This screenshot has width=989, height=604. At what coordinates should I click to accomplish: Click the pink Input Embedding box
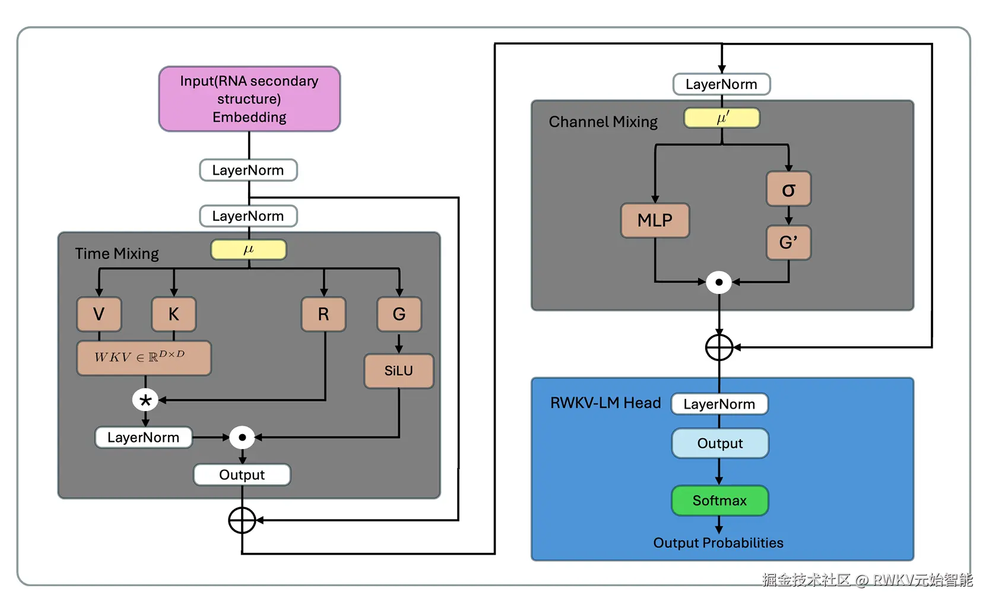[249, 99]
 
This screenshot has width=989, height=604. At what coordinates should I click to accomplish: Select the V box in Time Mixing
[99, 314]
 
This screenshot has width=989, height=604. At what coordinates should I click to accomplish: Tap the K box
[173, 314]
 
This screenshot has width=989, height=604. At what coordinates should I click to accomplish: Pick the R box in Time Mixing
[324, 314]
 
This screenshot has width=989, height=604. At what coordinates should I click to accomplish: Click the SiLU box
[398, 371]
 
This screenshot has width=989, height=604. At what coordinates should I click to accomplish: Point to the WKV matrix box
[144, 358]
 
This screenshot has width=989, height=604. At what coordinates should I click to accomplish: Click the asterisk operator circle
[145, 400]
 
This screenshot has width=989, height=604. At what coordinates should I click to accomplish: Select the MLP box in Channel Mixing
[655, 220]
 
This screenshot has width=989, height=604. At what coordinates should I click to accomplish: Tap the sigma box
[788, 189]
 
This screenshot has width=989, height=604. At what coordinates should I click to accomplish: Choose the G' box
[788, 242]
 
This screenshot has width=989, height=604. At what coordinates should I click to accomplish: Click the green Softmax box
[719, 501]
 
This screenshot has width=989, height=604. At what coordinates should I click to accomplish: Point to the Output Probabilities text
[718, 543]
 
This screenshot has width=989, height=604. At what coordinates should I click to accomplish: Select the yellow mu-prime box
[722, 118]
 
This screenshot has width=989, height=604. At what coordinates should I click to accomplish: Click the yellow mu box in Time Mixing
[249, 249]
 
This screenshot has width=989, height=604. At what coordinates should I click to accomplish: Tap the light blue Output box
[720, 444]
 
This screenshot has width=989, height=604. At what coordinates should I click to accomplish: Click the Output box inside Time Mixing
[242, 475]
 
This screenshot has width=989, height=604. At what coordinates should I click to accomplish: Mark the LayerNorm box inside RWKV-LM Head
[719, 404]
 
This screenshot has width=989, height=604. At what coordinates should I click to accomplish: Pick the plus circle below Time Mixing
[242, 521]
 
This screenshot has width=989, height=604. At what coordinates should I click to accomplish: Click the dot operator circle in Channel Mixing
[719, 282]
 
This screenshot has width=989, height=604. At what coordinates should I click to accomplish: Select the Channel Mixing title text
[603, 122]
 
